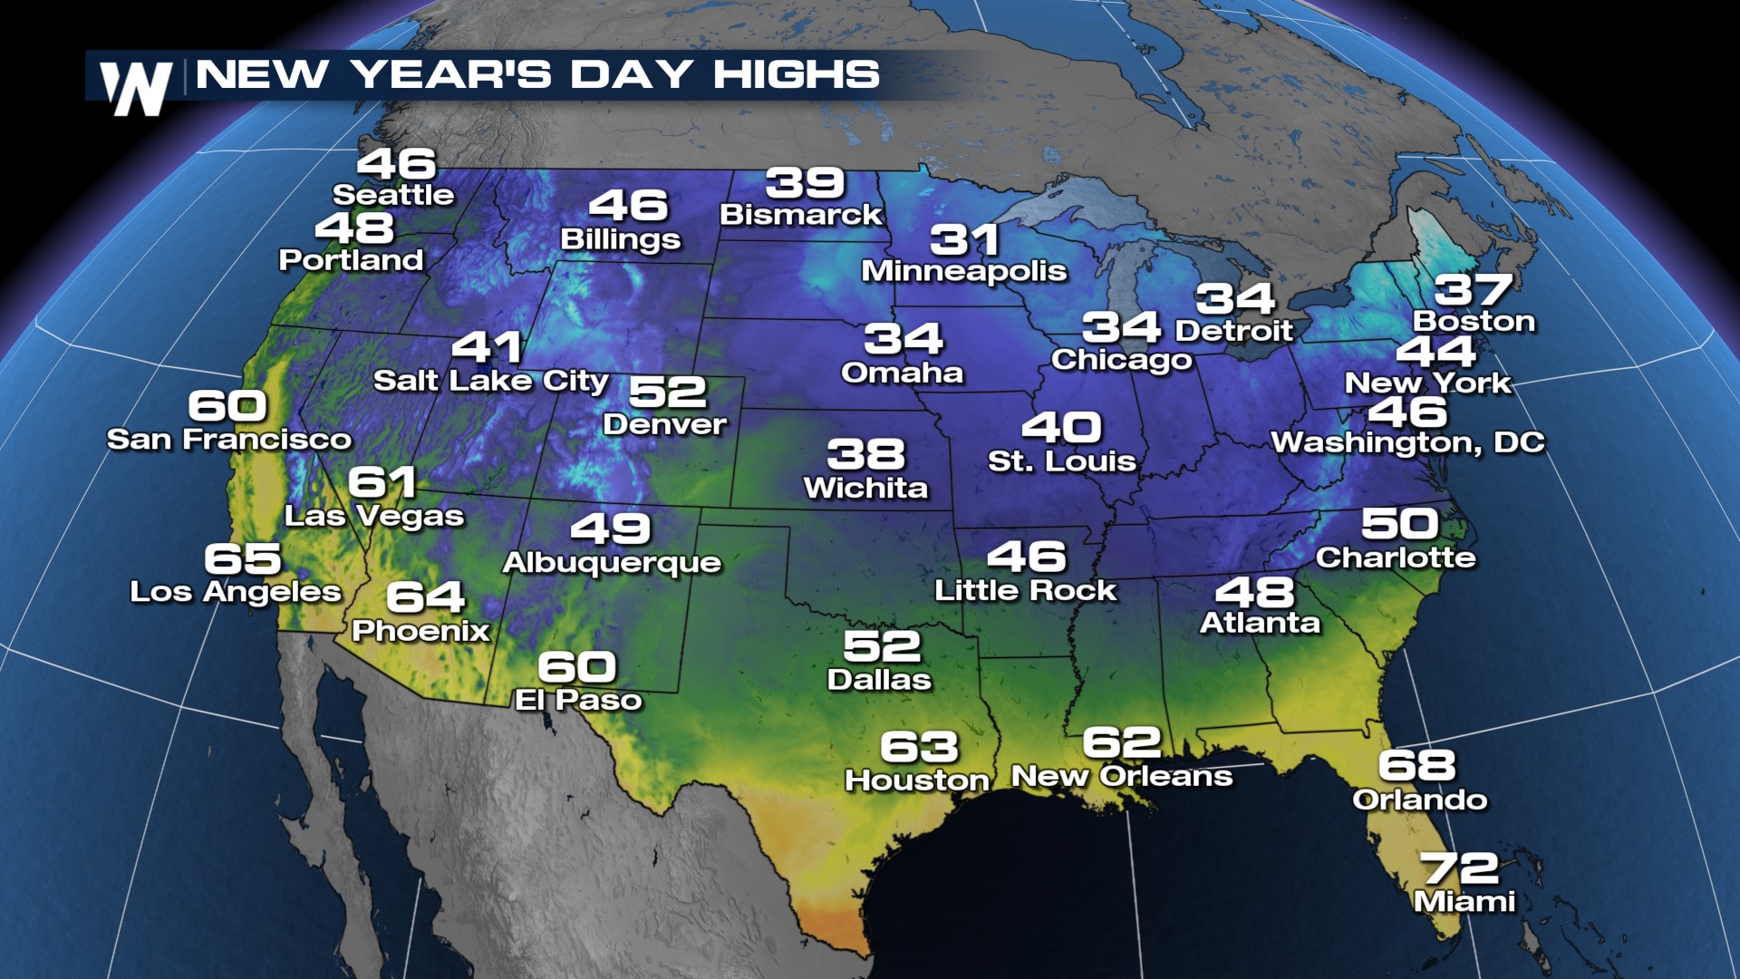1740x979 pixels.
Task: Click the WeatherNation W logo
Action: [136, 88]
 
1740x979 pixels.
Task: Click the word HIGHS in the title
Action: [796, 74]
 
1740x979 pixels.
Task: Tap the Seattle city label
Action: [393, 195]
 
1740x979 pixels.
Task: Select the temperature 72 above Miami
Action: [1460, 868]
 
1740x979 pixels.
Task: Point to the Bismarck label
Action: [800, 215]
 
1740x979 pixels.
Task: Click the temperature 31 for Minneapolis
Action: [964, 240]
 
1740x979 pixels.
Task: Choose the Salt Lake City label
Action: [490, 381]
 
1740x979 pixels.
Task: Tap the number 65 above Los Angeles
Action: [243, 558]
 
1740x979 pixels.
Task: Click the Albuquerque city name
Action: [612, 563]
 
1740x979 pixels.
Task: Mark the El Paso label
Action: [578, 700]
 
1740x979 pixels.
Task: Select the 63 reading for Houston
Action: [919, 747]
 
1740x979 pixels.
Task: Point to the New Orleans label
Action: [1122, 777]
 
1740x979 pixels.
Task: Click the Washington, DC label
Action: [1407, 442]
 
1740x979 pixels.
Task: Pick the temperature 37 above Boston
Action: [1474, 290]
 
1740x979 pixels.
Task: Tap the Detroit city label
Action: [1233, 331]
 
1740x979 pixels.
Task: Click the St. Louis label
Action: [1061, 461]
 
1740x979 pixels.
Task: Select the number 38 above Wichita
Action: [865, 455]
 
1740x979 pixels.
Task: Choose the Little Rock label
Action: [1025, 591]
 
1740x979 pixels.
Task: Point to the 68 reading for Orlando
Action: [1416, 766]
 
